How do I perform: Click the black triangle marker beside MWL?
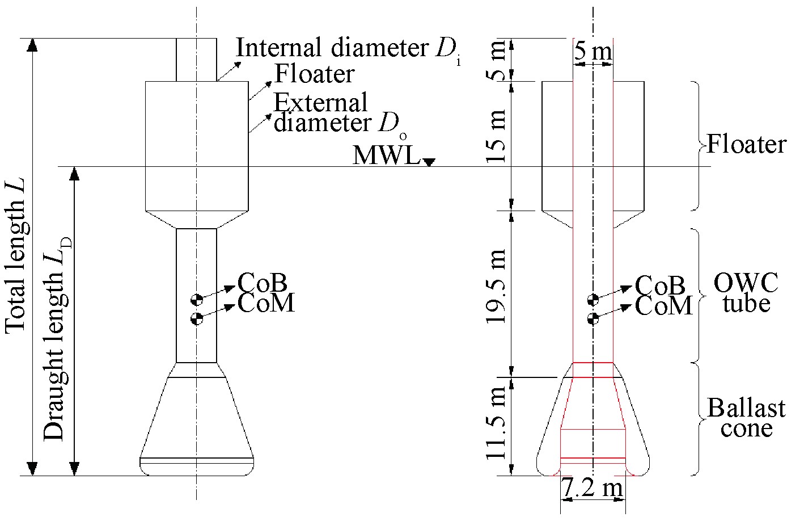[429, 162]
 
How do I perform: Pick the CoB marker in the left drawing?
[197, 300]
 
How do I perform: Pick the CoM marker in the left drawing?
[197, 318]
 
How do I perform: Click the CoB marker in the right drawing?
[593, 300]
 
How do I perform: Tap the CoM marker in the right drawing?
[593, 318]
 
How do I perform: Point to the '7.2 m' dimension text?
[592, 488]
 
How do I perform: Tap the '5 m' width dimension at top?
[593, 52]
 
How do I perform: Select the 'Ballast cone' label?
[746, 418]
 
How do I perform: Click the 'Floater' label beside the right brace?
[746, 145]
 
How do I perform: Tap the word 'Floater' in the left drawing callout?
[315, 74]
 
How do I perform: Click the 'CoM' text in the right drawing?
[664, 306]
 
